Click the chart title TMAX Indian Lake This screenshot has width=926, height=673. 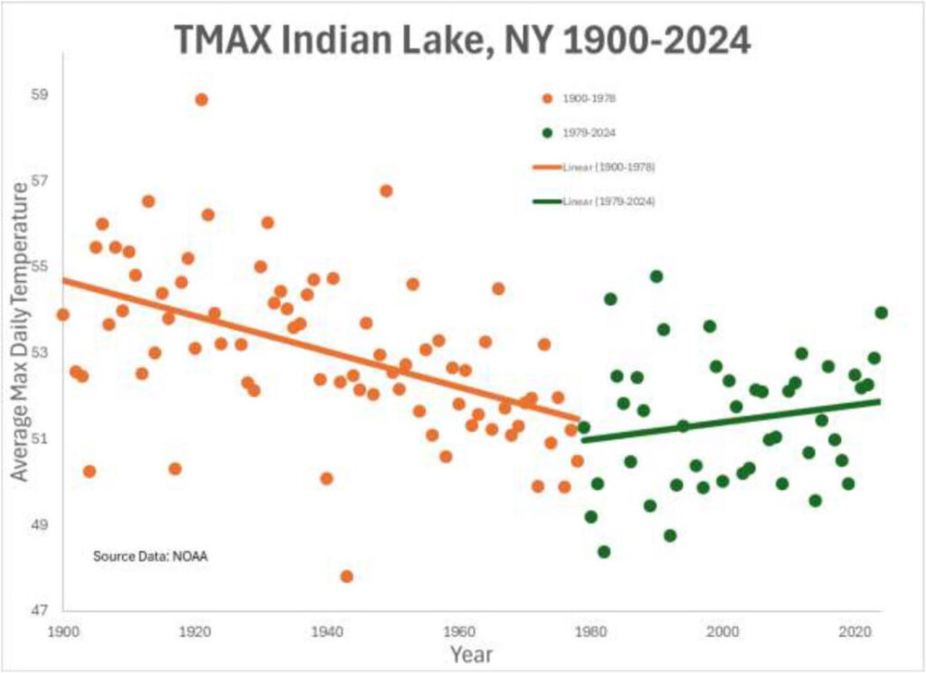[463, 40]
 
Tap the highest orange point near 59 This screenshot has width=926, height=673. [201, 100]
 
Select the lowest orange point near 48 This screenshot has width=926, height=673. [346, 576]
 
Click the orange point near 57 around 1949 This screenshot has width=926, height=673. [386, 191]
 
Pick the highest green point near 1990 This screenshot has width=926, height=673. [657, 276]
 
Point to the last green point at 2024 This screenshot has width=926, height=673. [882, 313]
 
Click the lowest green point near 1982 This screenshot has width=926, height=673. [604, 552]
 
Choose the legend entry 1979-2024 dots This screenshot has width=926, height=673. [591, 134]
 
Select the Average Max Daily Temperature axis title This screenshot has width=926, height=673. [20, 343]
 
